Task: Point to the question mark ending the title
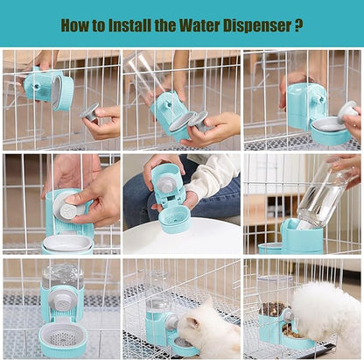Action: click(299, 25)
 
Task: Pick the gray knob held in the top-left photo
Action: click(90, 111)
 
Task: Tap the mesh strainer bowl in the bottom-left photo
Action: click(63, 336)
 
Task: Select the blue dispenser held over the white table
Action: click(171, 197)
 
